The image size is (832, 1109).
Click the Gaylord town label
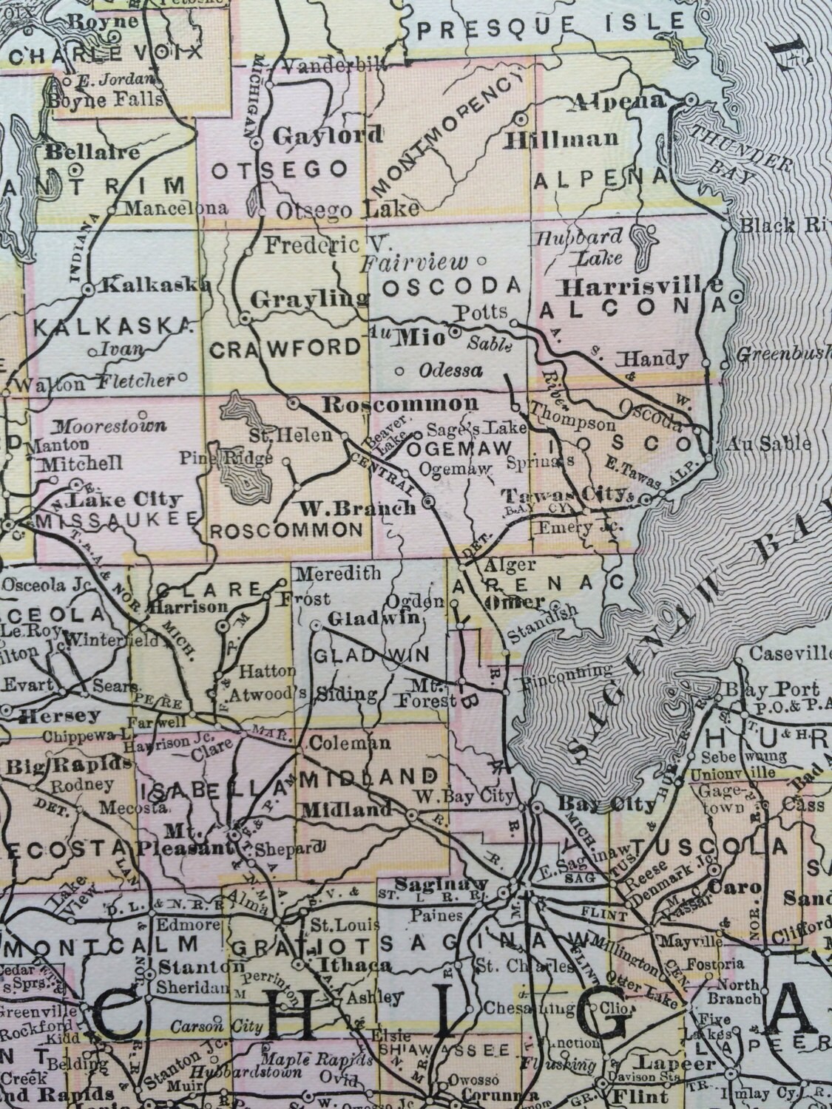point(328,135)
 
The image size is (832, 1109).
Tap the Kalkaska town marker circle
point(88,290)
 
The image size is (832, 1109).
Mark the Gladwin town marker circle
point(316,625)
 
